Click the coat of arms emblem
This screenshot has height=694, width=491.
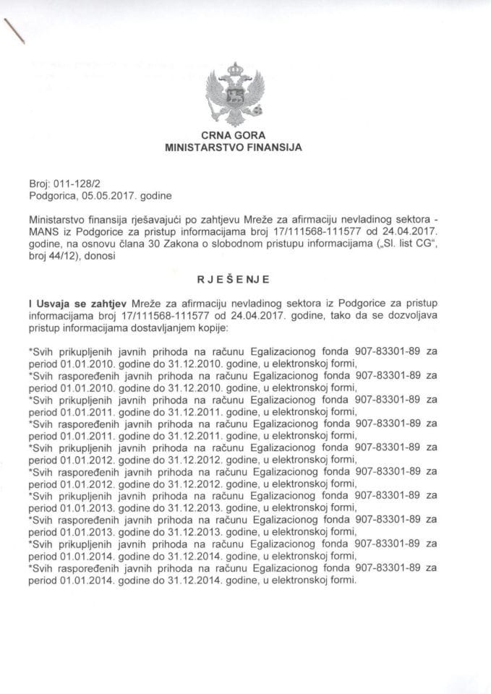[x=234, y=95]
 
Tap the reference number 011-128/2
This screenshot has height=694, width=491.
[x=71, y=184]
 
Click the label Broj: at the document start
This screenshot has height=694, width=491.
[x=40, y=184]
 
